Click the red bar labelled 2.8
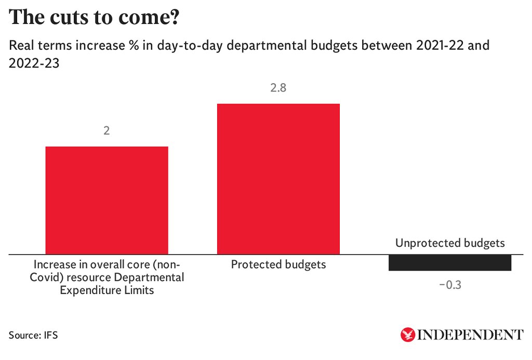278,179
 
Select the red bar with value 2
107,201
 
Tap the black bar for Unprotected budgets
450,263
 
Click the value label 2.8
278,88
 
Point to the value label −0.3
450,285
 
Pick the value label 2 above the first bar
107,131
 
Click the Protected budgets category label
278,264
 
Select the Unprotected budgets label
450,243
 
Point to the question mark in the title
174,18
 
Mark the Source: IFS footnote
33,335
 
